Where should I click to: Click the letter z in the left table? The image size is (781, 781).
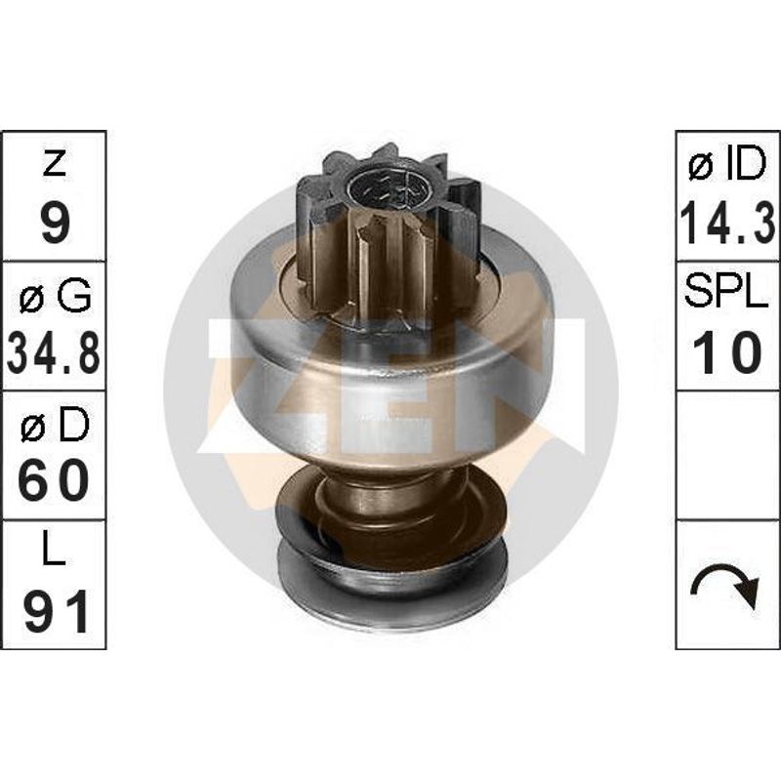(55, 163)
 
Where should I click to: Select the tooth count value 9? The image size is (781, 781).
(56, 223)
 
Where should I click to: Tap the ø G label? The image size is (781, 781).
(55, 296)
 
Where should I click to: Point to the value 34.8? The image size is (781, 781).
(54, 353)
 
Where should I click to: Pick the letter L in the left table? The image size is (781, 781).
(55, 547)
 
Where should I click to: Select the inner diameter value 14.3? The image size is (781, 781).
(727, 224)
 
